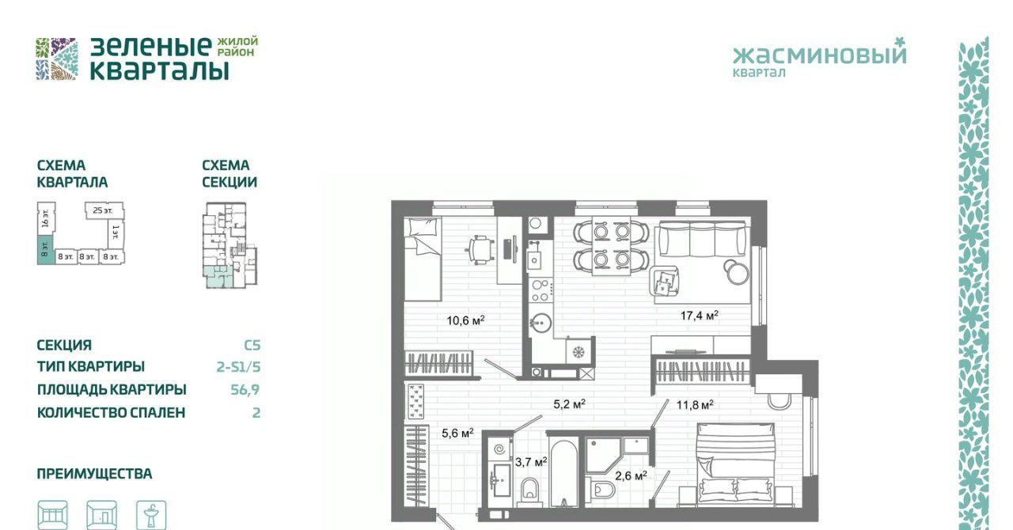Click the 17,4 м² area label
pos(699,315)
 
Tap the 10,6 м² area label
pos(465,320)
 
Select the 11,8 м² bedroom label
pos(695,405)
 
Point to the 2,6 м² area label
pos(631,475)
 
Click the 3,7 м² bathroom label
pos(531,462)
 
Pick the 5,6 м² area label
pos(457,433)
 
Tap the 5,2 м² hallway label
pos(569,404)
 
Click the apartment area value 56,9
pos(245,389)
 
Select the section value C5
pos(252,345)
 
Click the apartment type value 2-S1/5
pos(238,366)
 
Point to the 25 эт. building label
pos(102,210)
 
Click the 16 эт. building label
pos(45,218)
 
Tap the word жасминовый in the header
pos(819,55)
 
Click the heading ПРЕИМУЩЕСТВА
pos(94,474)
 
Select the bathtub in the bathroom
pos(563,471)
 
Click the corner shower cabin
pos(603,454)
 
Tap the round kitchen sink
pos(541,323)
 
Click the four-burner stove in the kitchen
pos(541,290)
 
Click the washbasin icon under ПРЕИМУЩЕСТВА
pos(151,515)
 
